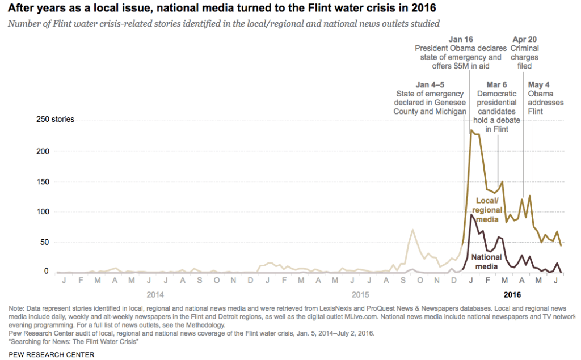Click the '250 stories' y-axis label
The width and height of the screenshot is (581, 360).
pyautogui.click(x=56, y=120)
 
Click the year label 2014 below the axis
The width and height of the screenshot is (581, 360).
pyautogui.click(x=155, y=295)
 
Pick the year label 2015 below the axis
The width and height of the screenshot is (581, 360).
pyautogui.click(x=360, y=295)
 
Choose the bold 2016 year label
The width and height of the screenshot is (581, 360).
pyautogui.click(x=512, y=295)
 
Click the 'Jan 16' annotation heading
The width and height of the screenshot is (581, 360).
pyautogui.click(x=460, y=39)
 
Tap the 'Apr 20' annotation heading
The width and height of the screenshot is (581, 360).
pyautogui.click(x=524, y=39)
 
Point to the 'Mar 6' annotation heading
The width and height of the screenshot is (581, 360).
pyautogui.click(x=496, y=84)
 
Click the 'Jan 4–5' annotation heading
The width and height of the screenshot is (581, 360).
pyautogui.click(x=430, y=84)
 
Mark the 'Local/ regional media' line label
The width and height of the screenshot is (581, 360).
pyautogui.click(x=486, y=210)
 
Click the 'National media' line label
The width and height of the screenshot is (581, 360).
pyautogui.click(x=486, y=261)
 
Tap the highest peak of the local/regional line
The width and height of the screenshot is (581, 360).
pyautogui.click(x=471, y=130)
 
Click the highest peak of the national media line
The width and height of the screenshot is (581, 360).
pyautogui.click(x=471, y=214)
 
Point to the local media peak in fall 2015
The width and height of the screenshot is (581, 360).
pyautogui.click(x=412, y=230)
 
